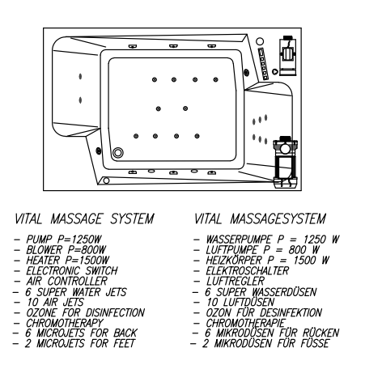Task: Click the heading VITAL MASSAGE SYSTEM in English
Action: coord(84,218)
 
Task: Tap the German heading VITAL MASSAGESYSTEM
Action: coord(260,218)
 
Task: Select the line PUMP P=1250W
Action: coord(64,240)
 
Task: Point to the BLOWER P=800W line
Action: coord(66,250)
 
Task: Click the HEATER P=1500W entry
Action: coord(67,261)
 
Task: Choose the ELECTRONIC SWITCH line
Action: coord(72,270)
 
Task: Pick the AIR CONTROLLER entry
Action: coord(66,281)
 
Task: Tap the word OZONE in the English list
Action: coord(41,312)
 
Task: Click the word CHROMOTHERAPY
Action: coord(65,323)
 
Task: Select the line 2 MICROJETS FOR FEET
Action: coord(80,343)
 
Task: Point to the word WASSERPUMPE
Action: coord(239,240)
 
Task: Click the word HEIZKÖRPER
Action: coord(234,261)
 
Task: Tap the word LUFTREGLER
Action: coord(236,281)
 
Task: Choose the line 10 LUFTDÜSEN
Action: coord(240,302)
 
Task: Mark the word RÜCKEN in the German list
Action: coord(320,333)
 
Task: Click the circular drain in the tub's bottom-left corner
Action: coord(118,153)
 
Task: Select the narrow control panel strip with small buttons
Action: coord(263,64)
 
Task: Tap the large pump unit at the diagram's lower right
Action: coord(286,162)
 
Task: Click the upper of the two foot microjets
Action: coord(80,76)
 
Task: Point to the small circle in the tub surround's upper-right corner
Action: coord(260,41)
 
